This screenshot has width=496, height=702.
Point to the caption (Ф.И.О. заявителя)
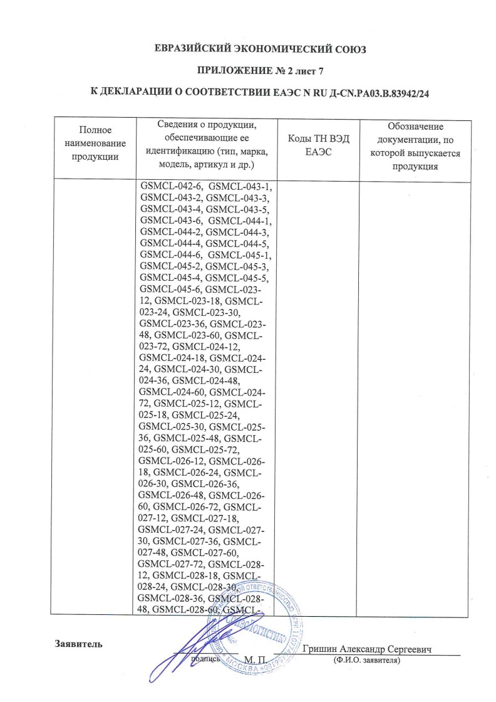click(x=367, y=660)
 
